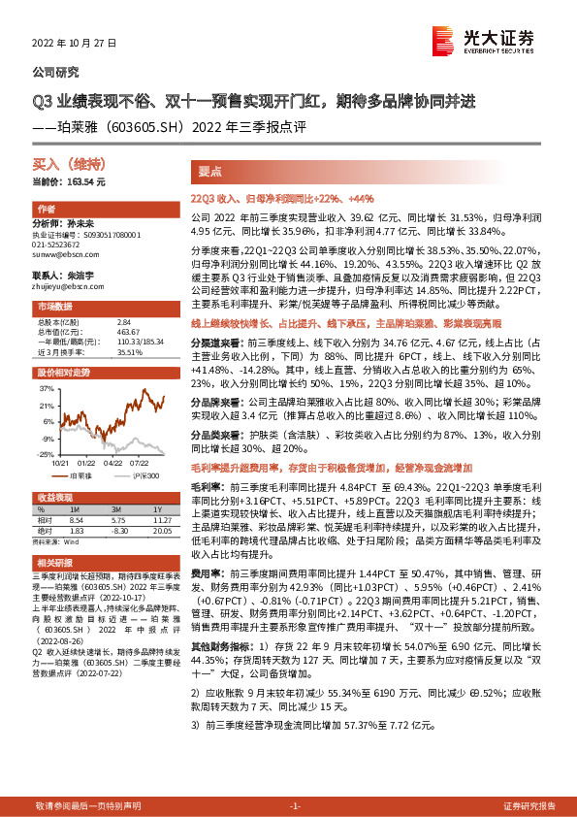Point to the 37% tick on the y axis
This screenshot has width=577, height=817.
click(44, 387)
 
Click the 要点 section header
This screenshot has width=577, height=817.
click(210, 170)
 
